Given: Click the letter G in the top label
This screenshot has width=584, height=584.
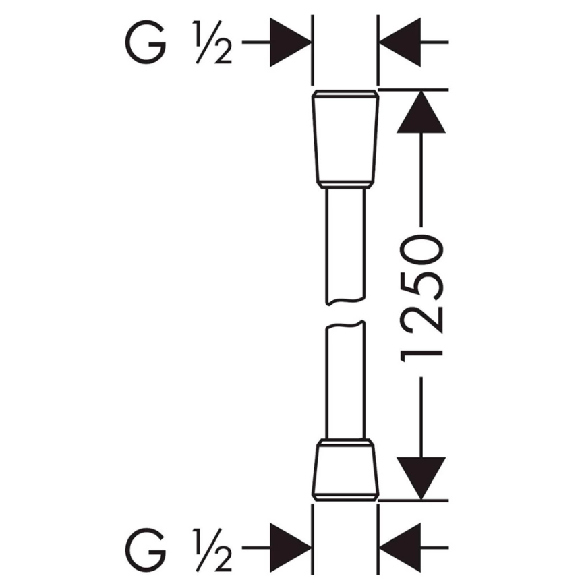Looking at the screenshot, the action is click(x=146, y=42).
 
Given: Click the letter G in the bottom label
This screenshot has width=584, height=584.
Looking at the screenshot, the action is click(x=146, y=550).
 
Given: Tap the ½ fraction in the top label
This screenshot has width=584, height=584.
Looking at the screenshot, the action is click(x=212, y=42).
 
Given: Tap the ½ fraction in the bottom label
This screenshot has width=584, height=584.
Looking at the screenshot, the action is click(x=212, y=550).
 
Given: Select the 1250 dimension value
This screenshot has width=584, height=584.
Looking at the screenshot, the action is click(x=421, y=298).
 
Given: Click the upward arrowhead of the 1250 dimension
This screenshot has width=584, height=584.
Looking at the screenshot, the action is click(x=421, y=112).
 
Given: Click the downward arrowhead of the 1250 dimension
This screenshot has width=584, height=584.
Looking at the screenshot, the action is click(x=421, y=478).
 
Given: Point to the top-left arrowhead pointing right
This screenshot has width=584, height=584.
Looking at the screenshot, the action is click(x=291, y=42).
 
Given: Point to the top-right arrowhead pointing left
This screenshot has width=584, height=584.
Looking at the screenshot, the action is click(x=400, y=42).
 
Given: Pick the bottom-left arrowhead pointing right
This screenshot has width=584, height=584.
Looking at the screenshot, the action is click(x=291, y=548).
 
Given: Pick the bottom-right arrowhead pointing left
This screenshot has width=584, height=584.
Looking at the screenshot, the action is click(x=400, y=548).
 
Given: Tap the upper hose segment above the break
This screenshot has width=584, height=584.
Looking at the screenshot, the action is click(x=345, y=246).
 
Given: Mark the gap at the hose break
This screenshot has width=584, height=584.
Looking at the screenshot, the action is click(x=345, y=313).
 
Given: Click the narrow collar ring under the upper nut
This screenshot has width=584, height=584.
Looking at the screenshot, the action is click(x=345, y=185).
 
